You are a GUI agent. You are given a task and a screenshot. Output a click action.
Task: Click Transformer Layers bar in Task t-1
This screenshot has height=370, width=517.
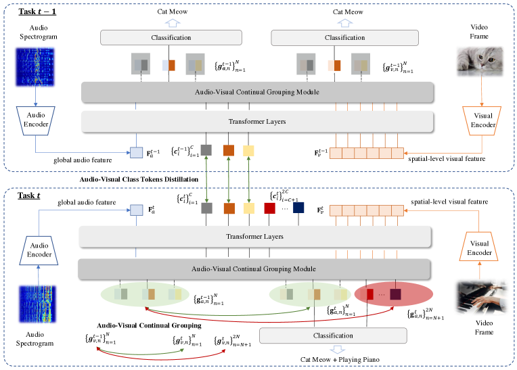click(256, 122)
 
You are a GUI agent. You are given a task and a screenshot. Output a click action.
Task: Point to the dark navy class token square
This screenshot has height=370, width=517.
click(298, 208)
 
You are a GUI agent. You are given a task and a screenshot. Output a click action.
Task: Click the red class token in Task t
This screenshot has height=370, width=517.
click(269, 208)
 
